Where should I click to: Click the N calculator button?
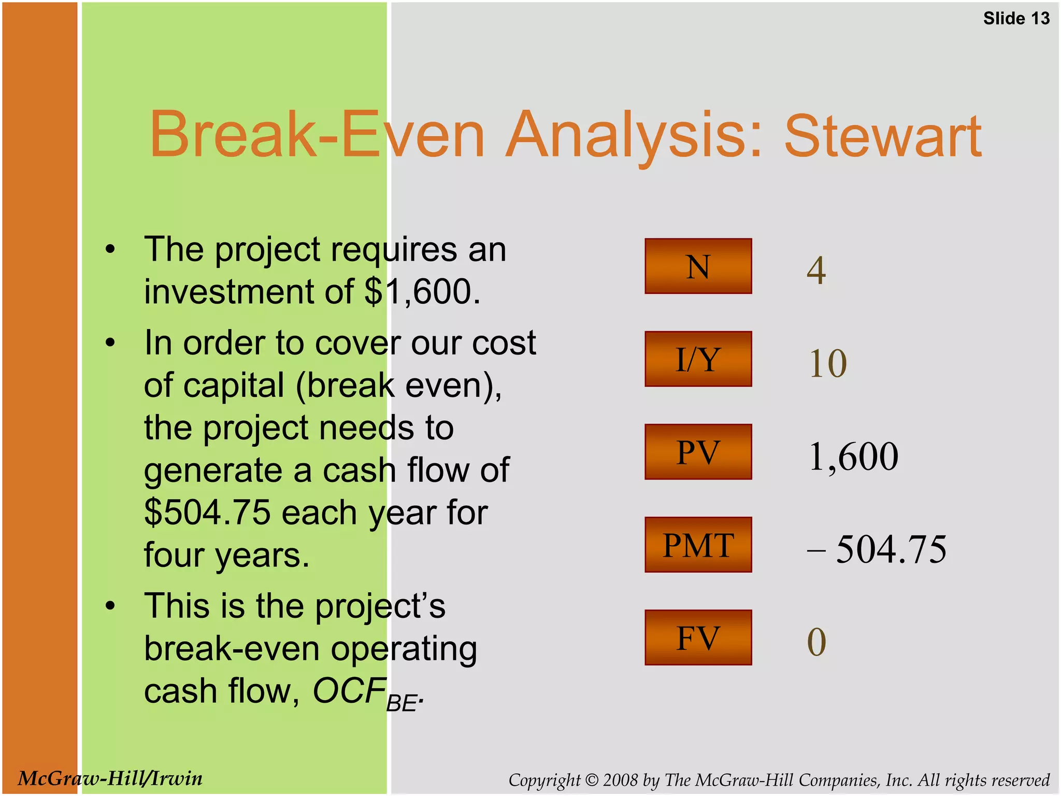[698, 266]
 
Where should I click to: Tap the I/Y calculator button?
[698, 359]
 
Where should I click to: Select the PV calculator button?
[698, 452]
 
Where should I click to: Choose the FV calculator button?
[698, 637]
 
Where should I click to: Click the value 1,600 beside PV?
[853, 457]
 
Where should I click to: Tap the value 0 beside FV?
[816, 642]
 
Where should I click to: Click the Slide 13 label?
[1016, 19]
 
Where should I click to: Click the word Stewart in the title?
[882, 136]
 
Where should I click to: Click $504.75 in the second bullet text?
[207, 513]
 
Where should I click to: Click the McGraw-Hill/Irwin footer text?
[110, 778]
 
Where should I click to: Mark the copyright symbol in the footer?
[592, 780]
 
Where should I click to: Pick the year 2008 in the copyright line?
[620, 780]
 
